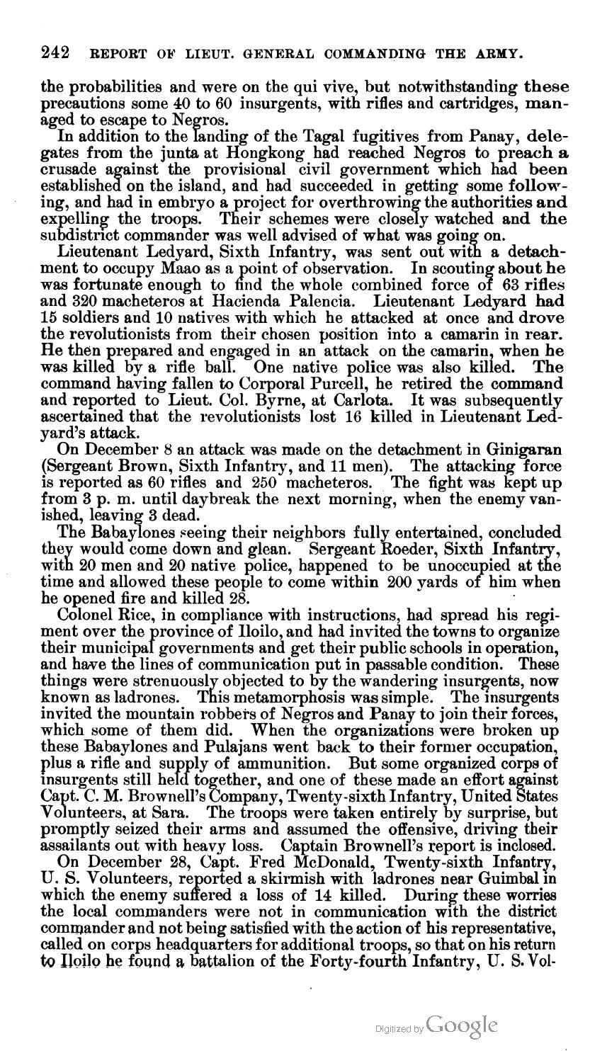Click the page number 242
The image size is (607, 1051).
coord(55,52)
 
